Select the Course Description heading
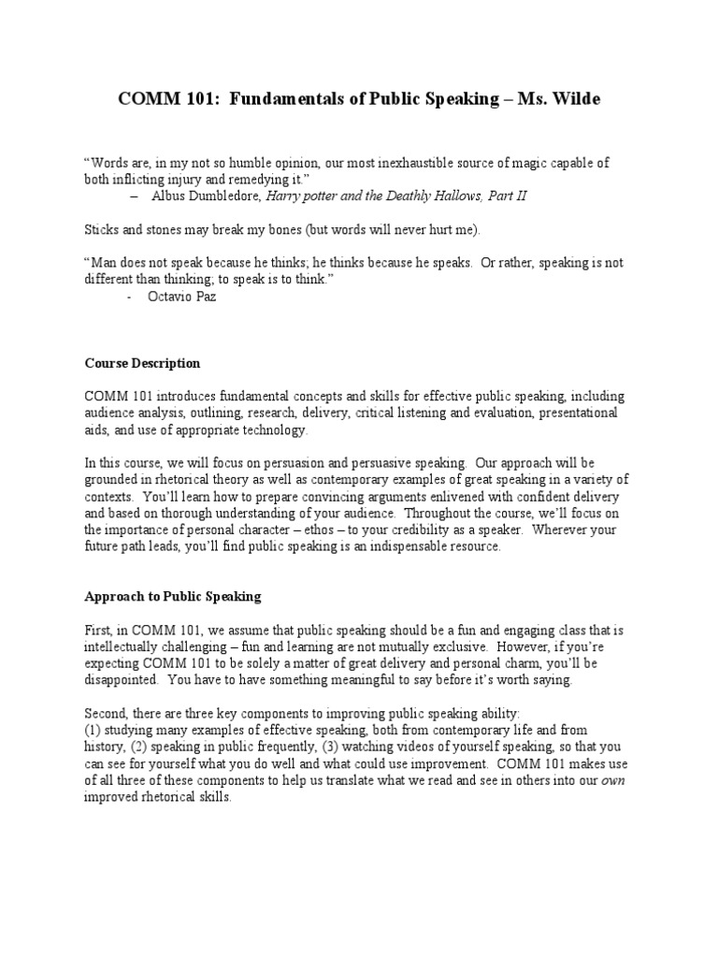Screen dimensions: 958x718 (142, 363)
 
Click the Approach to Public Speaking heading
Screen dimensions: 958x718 (173, 596)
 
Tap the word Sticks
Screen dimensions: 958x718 (104, 229)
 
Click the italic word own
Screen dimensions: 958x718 (613, 779)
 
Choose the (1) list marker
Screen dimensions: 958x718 (93, 730)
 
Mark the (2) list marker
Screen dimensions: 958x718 (136, 747)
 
